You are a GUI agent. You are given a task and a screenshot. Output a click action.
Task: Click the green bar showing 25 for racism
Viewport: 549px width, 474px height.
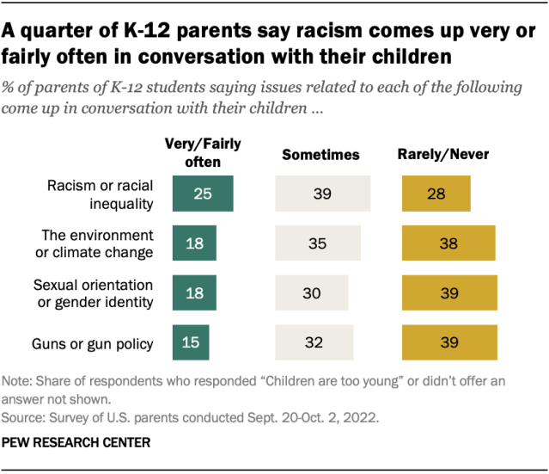(x=203, y=194)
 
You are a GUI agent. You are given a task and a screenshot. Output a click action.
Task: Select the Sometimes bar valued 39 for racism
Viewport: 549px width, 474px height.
(x=322, y=194)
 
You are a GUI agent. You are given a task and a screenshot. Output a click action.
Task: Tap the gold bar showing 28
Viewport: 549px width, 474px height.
(x=436, y=194)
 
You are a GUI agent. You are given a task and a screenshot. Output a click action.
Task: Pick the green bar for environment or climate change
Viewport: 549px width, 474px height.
(x=194, y=243)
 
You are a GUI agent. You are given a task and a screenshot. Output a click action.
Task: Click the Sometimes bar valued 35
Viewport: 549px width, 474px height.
(x=318, y=243)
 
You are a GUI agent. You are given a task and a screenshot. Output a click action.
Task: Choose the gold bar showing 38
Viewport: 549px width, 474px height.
(x=448, y=243)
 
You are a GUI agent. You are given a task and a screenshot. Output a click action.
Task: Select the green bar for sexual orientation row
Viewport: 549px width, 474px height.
(x=194, y=293)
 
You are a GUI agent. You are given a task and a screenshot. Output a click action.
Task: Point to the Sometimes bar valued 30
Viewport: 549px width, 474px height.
(x=311, y=293)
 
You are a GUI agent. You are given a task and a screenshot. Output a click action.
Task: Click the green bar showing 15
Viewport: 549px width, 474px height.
(x=191, y=343)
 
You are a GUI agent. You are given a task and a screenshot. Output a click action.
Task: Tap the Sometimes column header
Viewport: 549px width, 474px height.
(x=320, y=155)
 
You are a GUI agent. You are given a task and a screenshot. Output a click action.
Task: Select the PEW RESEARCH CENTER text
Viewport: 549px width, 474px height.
(x=76, y=444)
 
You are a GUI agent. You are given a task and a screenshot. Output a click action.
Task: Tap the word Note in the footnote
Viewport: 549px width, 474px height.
(x=19, y=381)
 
